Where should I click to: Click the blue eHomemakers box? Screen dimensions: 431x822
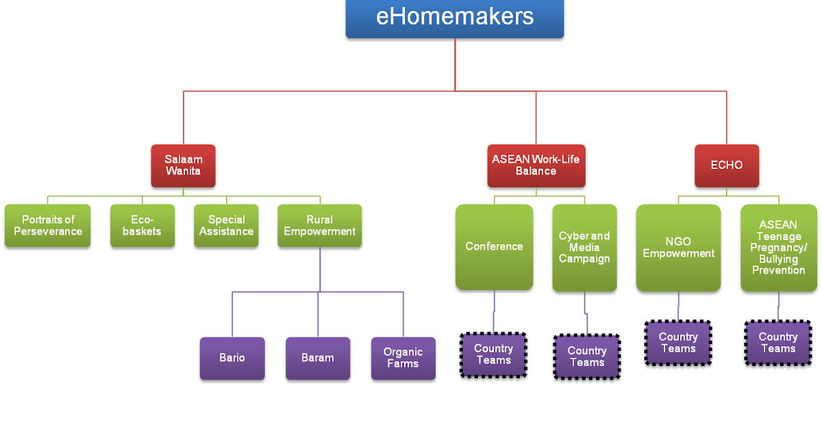click(x=455, y=18)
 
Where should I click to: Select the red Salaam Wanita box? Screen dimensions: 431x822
click(x=183, y=166)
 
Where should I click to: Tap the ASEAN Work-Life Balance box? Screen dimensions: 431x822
click(x=536, y=166)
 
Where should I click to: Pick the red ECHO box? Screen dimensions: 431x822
click(x=727, y=166)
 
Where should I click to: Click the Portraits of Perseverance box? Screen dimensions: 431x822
click(x=48, y=226)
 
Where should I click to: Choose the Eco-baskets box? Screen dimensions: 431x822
click(x=142, y=226)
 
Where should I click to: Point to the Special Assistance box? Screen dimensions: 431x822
click(x=226, y=226)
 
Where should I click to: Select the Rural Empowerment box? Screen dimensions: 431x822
click(x=319, y=226)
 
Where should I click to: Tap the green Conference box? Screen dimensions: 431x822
click(x=494, y=246)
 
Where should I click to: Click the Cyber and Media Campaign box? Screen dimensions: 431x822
click(x=584, y=248)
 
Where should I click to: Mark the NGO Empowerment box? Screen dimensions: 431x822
click(x=678, y=248)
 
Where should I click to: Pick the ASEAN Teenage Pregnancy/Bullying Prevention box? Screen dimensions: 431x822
click(x=778, y=248)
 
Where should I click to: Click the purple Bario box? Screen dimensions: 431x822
click(x=232, y=358)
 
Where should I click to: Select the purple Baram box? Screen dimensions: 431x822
click(x=318, y=358)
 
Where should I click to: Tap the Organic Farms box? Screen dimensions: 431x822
click(x=403, y=358)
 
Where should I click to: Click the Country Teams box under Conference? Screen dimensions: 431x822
click(x=493, y=354)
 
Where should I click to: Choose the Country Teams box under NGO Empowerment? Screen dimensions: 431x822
click(x=678, y=343)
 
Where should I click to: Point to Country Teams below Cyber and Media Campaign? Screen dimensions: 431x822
click(x=587, y=356)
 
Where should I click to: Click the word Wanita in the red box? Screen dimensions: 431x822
click(x=183, y=171)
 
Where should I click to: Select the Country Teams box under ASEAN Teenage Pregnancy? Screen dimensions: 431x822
click(x=778, y=343)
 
